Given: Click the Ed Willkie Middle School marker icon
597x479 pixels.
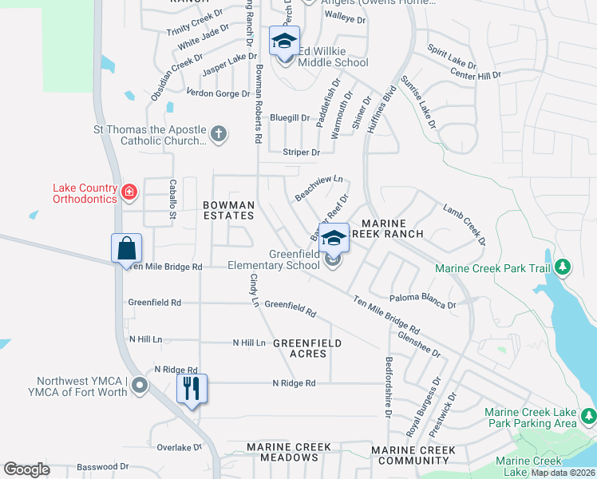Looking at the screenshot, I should click(283, 42).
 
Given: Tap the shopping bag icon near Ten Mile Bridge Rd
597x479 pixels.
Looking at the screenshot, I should click(127, 248).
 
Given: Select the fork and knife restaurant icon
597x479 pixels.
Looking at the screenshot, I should click(192, 390).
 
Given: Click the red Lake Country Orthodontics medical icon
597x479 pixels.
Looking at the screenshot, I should click(128, 192).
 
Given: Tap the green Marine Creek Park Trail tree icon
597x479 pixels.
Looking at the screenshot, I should click(563, 267).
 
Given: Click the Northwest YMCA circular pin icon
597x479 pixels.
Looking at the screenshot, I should click(140, 386).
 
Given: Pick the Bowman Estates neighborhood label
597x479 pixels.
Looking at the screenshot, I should click(229, 211).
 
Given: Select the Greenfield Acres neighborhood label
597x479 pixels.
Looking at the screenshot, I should click(307, 348).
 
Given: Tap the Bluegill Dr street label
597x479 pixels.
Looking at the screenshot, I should click(290, 118).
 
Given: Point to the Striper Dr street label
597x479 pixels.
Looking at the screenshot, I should click(301, 152).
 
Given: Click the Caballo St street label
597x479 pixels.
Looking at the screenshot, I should click(172, 199).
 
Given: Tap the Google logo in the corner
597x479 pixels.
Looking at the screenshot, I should click(27, 469).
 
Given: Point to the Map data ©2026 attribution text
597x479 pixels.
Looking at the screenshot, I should click(563, 473).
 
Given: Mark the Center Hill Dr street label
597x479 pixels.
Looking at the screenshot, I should click(476, 75).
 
